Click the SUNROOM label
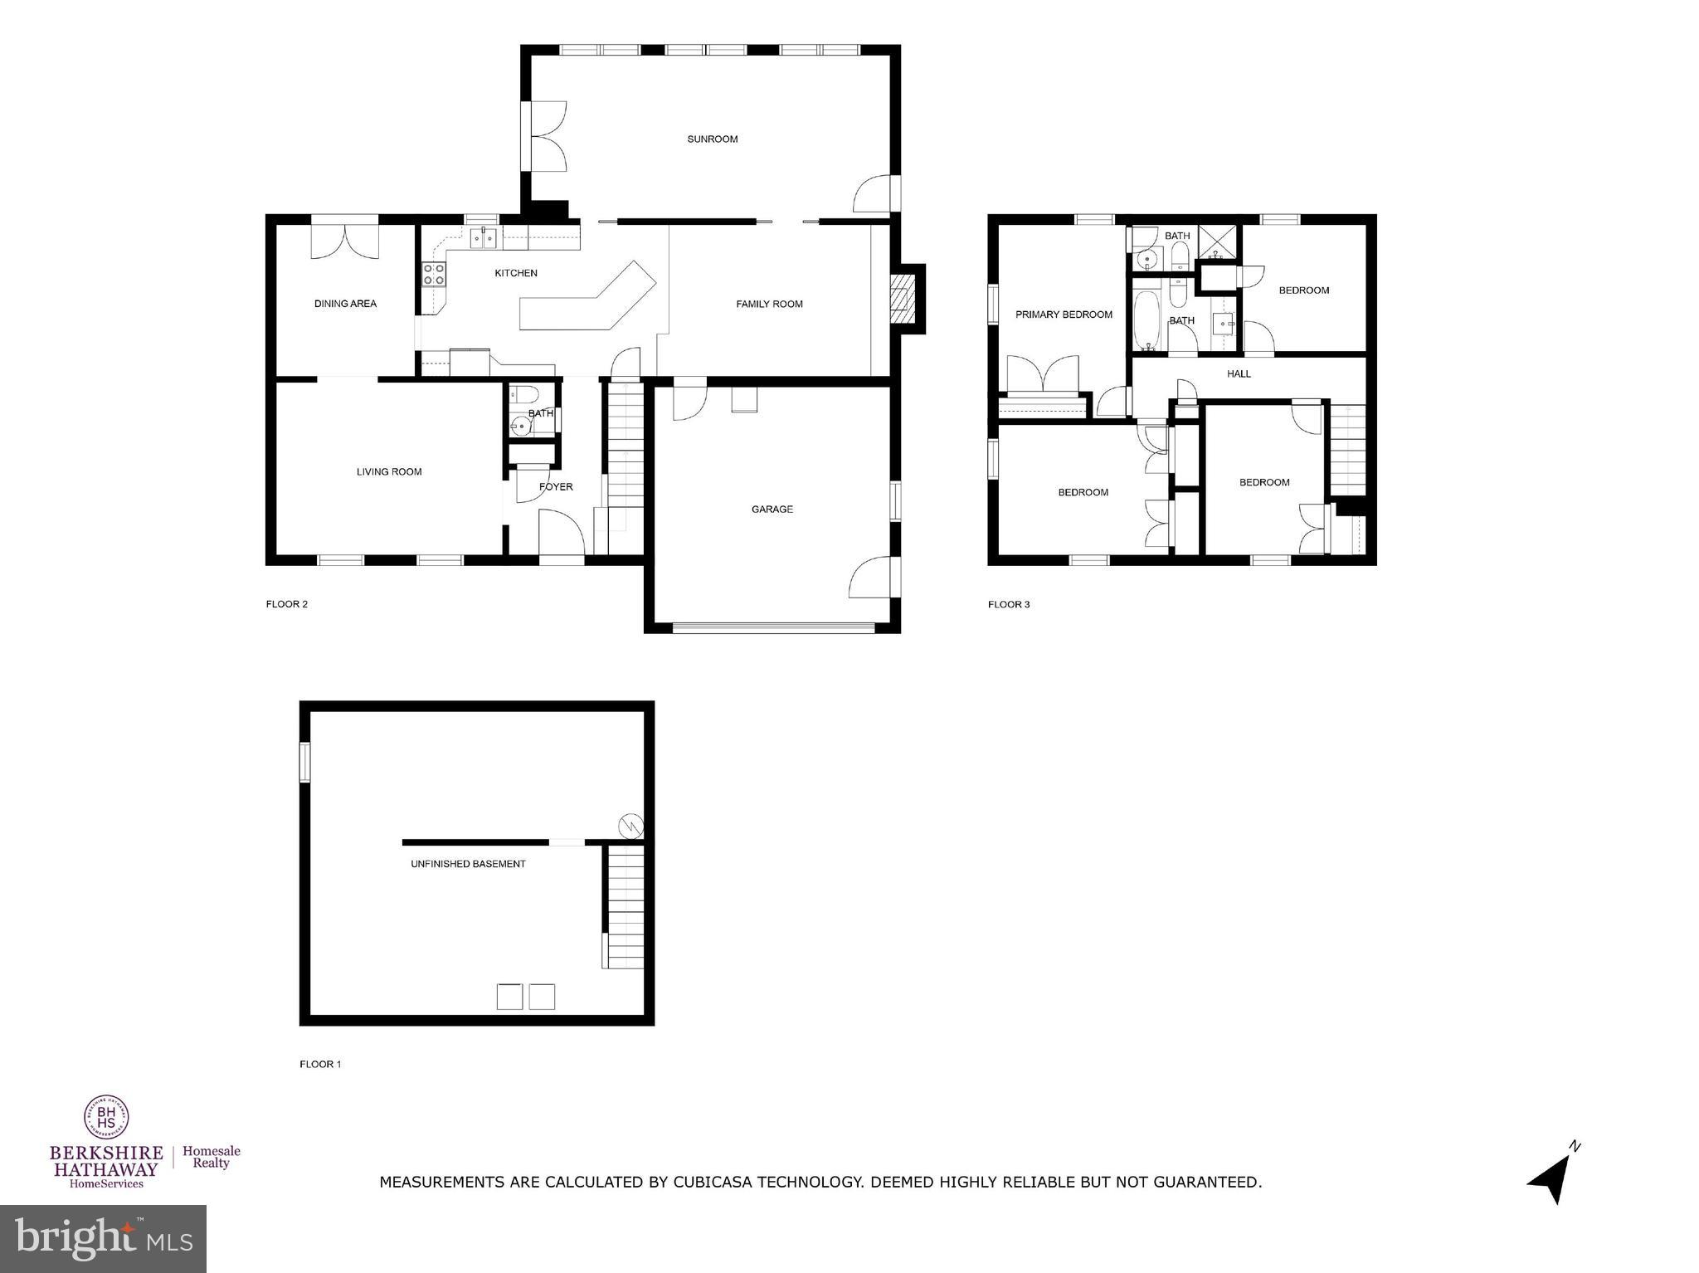tap(712, 139)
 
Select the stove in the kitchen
tap(434, 275)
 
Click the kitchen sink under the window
tap(483, 239)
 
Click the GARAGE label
tap(772, 510)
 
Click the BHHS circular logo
tap(106, 1116)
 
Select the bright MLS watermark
tap(103, 1238)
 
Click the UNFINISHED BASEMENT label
tap(468, 864)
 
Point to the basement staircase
tap(625, 906)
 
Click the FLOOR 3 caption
tap(1008, 604)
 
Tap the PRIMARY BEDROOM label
tap(1064, 315)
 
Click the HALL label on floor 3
tap(1239, 374)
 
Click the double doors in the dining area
tap(344, 239)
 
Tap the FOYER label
tap(556, 487)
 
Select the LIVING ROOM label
tap(389, 472)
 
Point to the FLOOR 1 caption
tap(320, 1064)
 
